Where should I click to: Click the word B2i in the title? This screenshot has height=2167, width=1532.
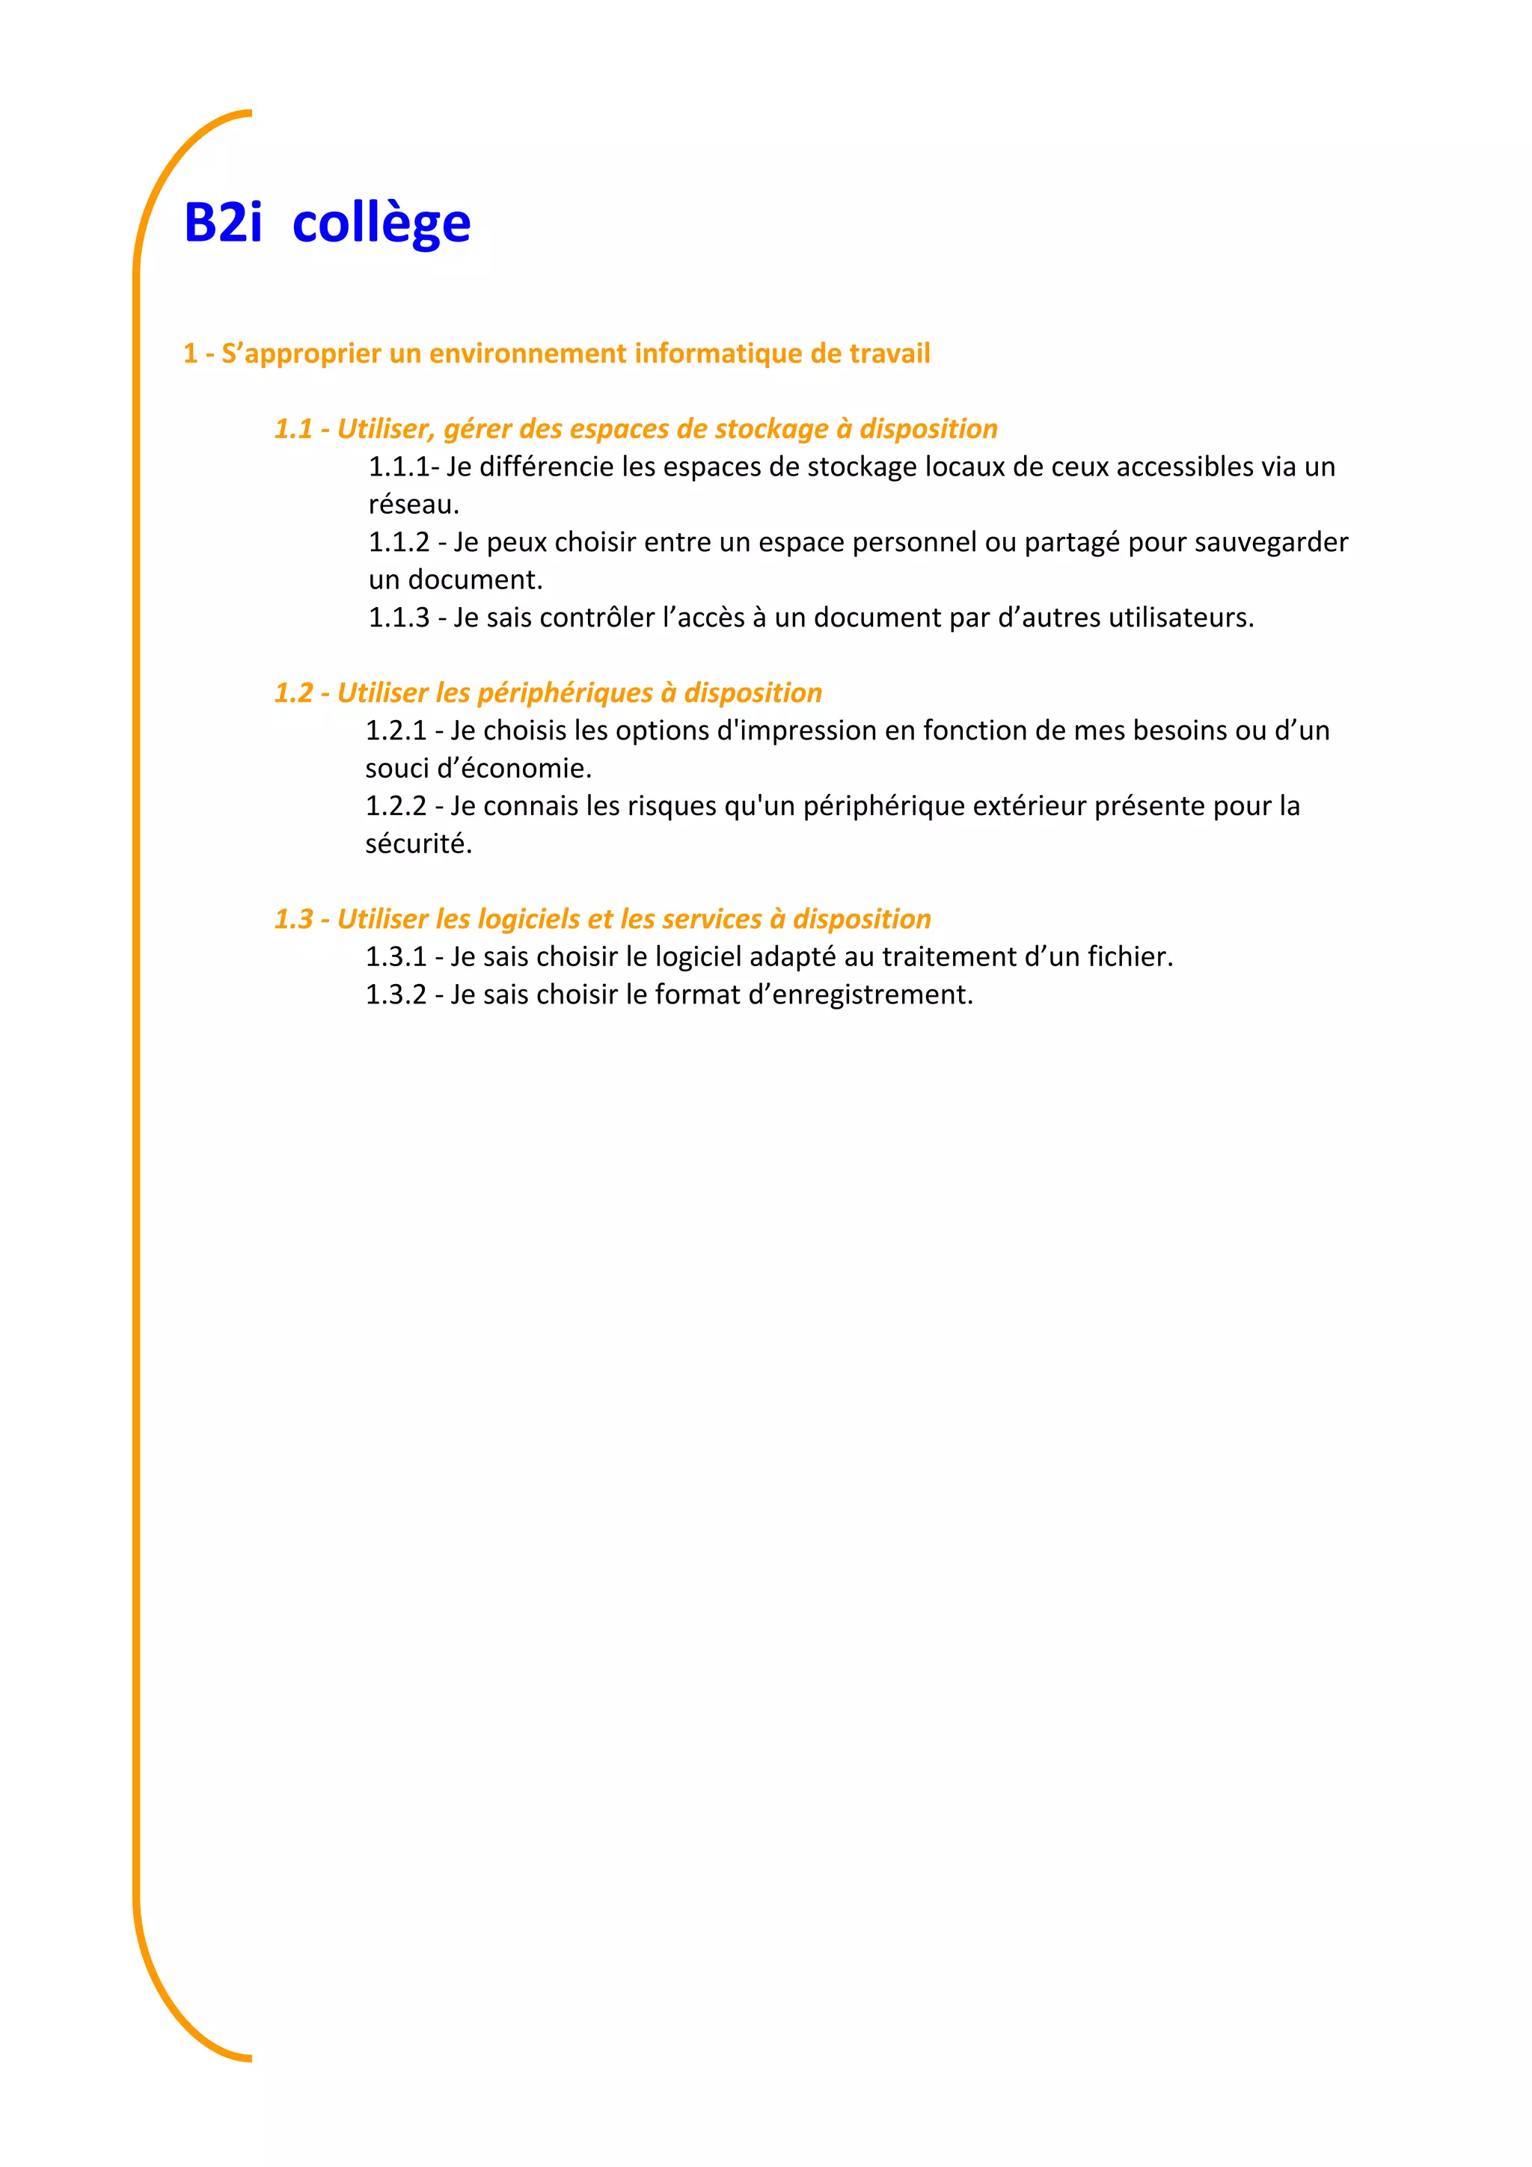(x=223, y=223)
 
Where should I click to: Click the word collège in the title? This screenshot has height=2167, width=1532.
(x=382, y=224)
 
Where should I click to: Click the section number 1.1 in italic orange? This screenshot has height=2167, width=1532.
(x=292, y=428)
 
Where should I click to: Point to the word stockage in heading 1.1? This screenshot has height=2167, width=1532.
(x=771, y=429)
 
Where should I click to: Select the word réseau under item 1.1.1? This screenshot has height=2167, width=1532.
(x=412, y=505)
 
